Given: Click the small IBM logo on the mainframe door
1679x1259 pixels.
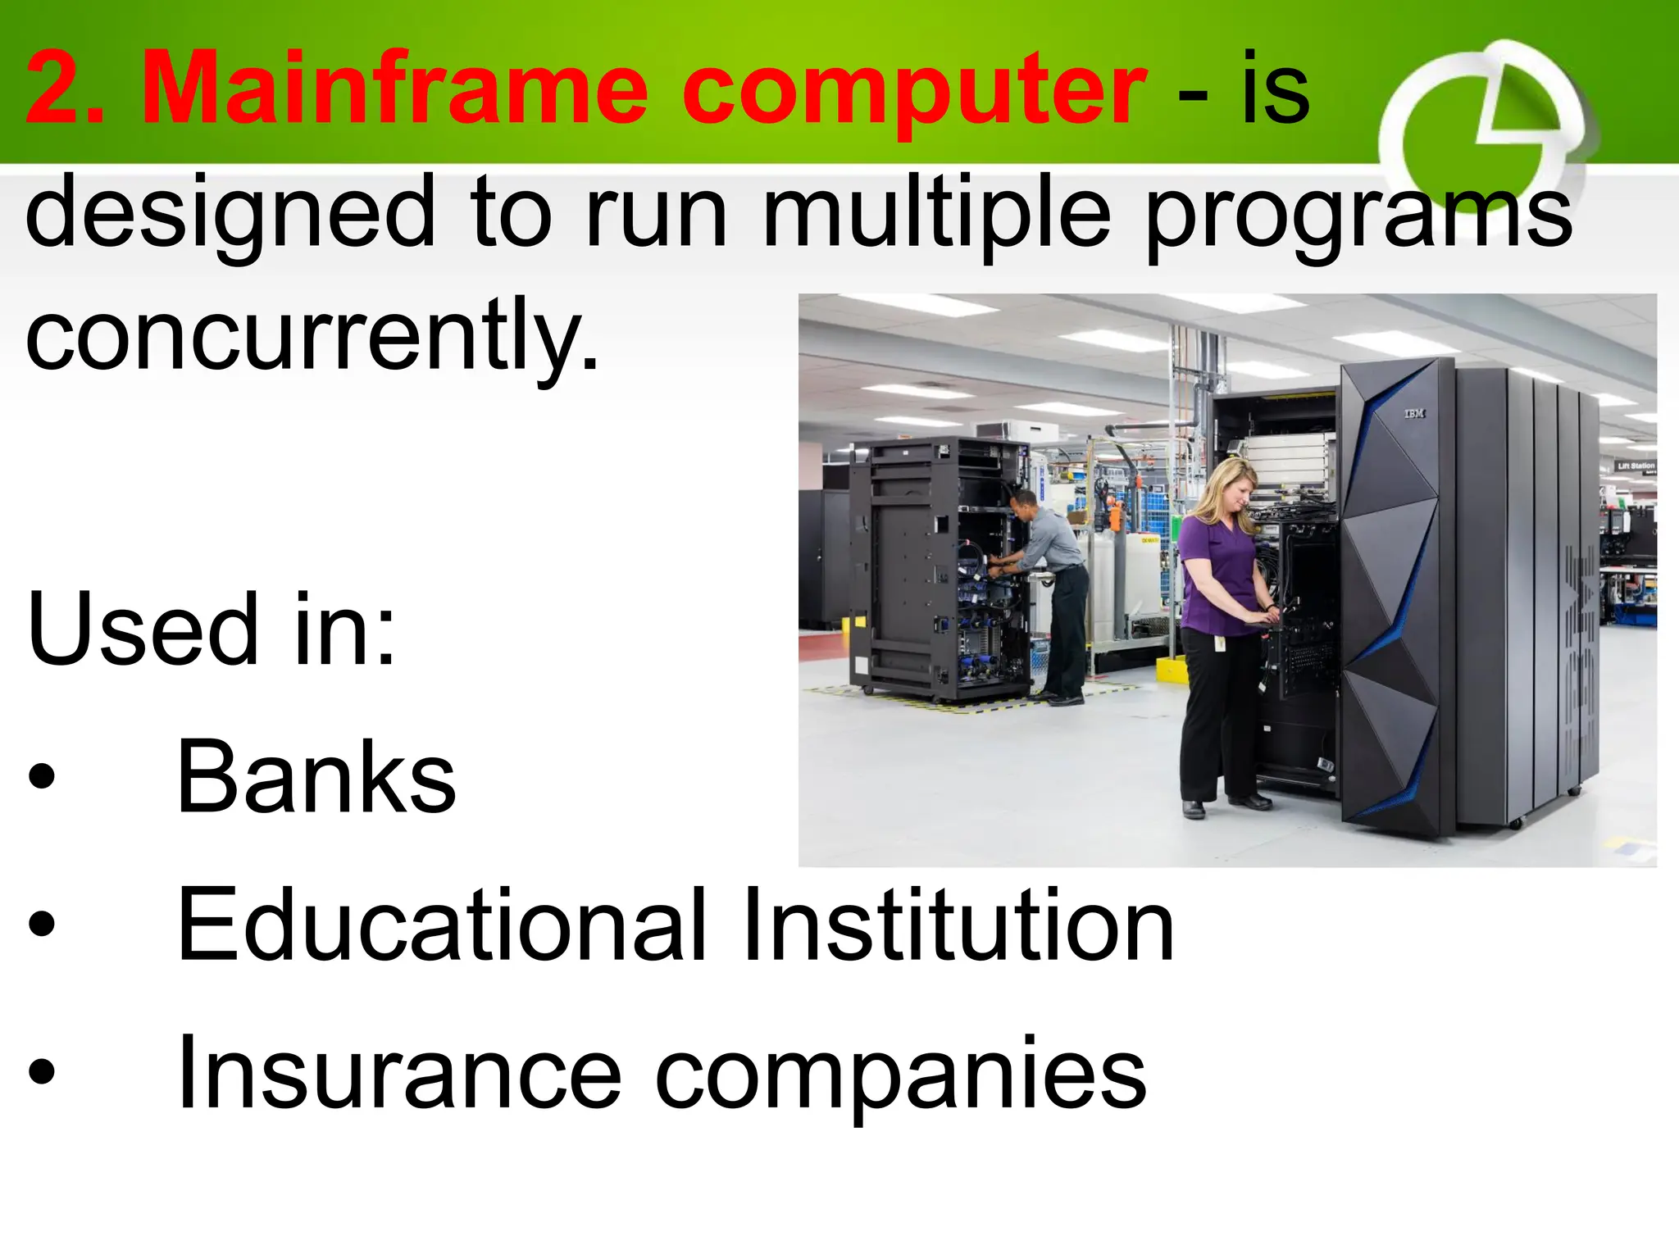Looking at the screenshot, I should (x=1415, y=414).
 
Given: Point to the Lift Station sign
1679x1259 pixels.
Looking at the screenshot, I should (x=1635, y=466).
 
